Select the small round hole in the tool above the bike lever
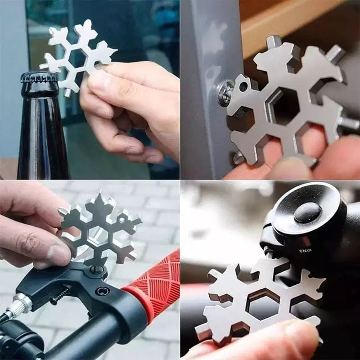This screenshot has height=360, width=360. click(x=121, y=219)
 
